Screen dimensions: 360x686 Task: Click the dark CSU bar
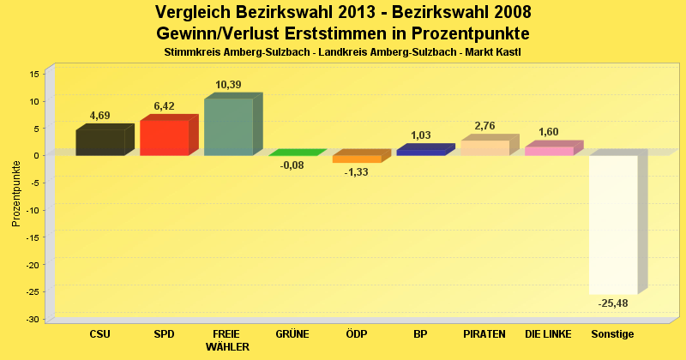100,142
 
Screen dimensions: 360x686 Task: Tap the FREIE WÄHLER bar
228,127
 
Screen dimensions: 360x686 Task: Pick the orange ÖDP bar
357,159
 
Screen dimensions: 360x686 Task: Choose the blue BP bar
421,152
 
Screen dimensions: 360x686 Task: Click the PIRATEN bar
485,147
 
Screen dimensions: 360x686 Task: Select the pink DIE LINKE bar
549,151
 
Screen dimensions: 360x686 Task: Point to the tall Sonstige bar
613,224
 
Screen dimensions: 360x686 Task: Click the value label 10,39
228,84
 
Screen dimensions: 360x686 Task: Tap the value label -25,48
613,303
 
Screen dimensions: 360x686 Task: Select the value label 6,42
164,106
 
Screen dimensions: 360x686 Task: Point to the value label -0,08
292,165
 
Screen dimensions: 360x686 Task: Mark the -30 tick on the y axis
33,320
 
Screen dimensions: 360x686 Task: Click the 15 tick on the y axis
35,74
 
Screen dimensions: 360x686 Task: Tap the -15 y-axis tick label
33,237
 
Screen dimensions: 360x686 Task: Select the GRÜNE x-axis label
292,333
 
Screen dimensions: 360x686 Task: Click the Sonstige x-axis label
613,333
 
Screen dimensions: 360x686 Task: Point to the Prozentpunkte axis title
16,192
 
